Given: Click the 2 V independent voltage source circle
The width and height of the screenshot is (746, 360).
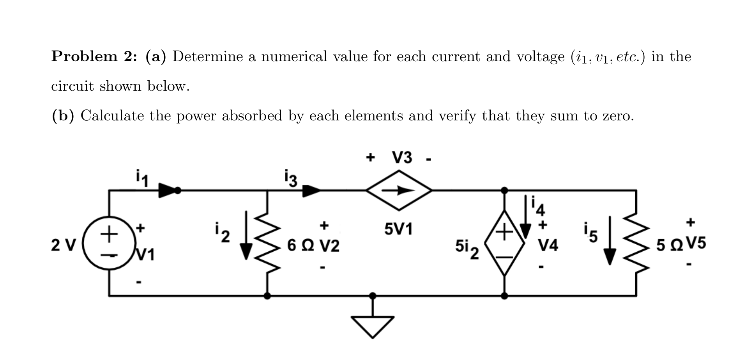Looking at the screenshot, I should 109,243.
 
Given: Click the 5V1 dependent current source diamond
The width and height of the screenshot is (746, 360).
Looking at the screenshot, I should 399,191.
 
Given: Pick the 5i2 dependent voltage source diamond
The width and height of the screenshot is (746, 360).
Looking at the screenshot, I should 504,243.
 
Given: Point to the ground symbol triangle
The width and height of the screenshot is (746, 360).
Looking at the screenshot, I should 373,326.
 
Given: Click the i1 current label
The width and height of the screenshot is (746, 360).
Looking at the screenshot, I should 142,178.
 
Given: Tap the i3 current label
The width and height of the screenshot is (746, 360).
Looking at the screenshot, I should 291,178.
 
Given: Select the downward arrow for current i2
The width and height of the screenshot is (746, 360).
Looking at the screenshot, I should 246,235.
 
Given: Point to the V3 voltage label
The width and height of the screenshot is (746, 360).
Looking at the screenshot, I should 402,158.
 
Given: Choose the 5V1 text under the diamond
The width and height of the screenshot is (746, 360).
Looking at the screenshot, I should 398,229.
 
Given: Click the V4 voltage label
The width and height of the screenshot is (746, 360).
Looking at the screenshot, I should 548,245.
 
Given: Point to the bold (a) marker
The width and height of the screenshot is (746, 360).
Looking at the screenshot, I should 156,56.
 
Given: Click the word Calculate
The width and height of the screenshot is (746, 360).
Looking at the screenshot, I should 112,116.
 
